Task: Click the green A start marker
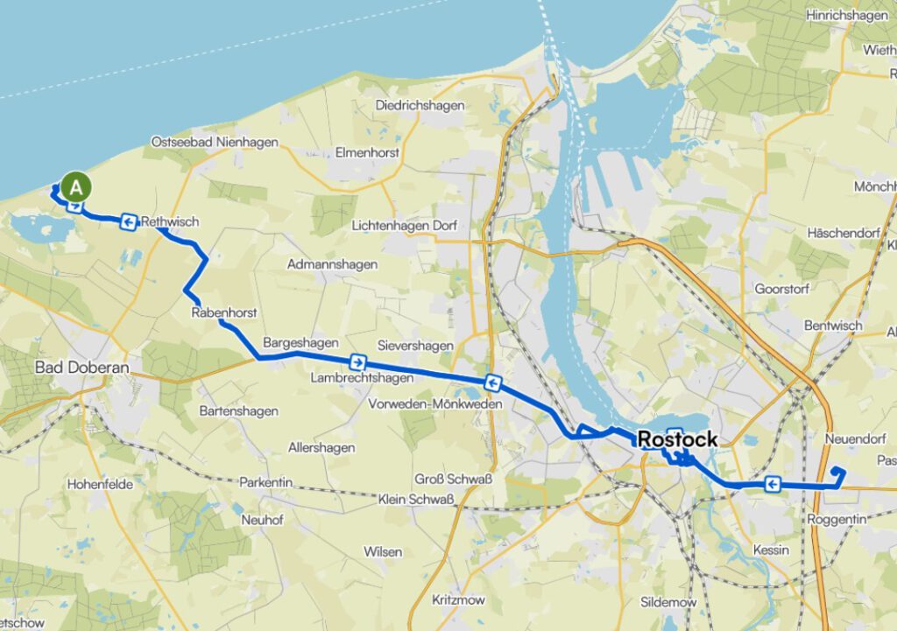point(77,186)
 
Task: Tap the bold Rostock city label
point(678,439)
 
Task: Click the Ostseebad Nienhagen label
point(215,142)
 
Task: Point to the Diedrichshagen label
point(420,105)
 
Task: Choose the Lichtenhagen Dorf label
point(404,225)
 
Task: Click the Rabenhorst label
point(223,312)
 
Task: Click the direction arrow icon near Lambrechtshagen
point(357,362)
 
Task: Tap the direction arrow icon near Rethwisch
point(129,222)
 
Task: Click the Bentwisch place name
point(833,326)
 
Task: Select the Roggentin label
point(837,519)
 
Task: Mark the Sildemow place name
point(668,602)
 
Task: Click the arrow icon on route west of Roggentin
point(772,484)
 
